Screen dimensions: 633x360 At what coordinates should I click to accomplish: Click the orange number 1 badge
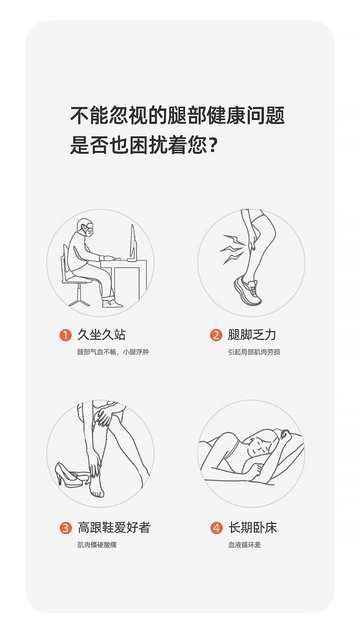click(x=66, y=335)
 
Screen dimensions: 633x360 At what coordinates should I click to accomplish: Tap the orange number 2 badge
click(x=216, y=335)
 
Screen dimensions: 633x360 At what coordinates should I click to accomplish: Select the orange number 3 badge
click(x=66, y=528)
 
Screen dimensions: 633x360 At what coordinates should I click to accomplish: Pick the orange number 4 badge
click(x=216, y=528)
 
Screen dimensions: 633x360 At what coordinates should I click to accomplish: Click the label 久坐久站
click(x=101, y=335)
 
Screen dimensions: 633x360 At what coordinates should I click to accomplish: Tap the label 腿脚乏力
click(x=252, y=335)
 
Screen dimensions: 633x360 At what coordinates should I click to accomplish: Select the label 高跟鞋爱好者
click(x=114, y=528)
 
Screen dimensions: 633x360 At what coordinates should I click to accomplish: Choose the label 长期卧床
click(x=252, y=528)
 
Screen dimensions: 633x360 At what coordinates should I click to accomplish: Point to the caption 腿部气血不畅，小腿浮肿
click(x=113, y=352)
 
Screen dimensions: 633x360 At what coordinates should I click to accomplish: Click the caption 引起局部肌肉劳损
click(x=254, y=352)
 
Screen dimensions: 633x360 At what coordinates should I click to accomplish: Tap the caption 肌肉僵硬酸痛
click(x=97, y=545)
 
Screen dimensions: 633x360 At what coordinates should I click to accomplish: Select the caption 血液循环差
click(x=245, y=545)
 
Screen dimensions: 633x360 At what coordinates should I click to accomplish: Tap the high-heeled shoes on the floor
click(x=71, y=475)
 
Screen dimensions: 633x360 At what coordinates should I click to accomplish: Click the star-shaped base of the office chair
click(x=79, y=300)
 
